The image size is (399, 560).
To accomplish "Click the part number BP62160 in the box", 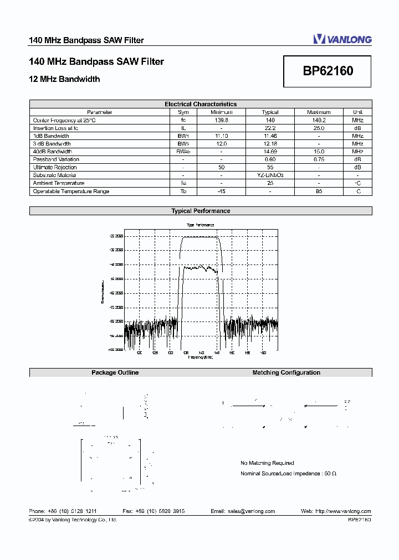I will click(x=328, y=71).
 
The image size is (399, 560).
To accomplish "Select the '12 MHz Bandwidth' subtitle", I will click(x=64, y=79).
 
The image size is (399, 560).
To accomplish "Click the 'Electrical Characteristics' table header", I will click(x=200, y=104).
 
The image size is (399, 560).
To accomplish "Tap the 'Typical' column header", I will click(x=270, y=112).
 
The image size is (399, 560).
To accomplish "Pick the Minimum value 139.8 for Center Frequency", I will click(x=221, y=120).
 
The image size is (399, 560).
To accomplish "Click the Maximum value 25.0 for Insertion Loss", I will click(x=319, y=128).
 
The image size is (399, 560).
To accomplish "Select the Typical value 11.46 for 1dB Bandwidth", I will click(x=270, y=136).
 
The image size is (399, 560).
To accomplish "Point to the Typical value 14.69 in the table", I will click(x=270, y=152).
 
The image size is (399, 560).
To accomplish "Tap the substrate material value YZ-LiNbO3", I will click(x=270, y=175).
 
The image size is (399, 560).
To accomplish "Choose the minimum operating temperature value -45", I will click(x=221, y=191).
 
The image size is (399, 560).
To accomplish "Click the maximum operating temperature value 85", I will click(x=319, y=191).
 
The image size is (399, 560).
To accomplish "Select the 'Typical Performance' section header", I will click(x=200, y=211).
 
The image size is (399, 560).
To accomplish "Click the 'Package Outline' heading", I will click(x=115, y=373).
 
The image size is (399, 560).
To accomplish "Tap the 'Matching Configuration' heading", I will click(x=286, y=373).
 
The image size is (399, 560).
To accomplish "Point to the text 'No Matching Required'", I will click(x=267, y=463).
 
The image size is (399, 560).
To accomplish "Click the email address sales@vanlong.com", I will click(x=243, y=511).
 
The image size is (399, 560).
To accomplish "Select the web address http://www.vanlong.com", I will click(x=336, y=511).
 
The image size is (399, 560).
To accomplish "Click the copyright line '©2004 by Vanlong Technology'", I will click(x=73, y=520).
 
